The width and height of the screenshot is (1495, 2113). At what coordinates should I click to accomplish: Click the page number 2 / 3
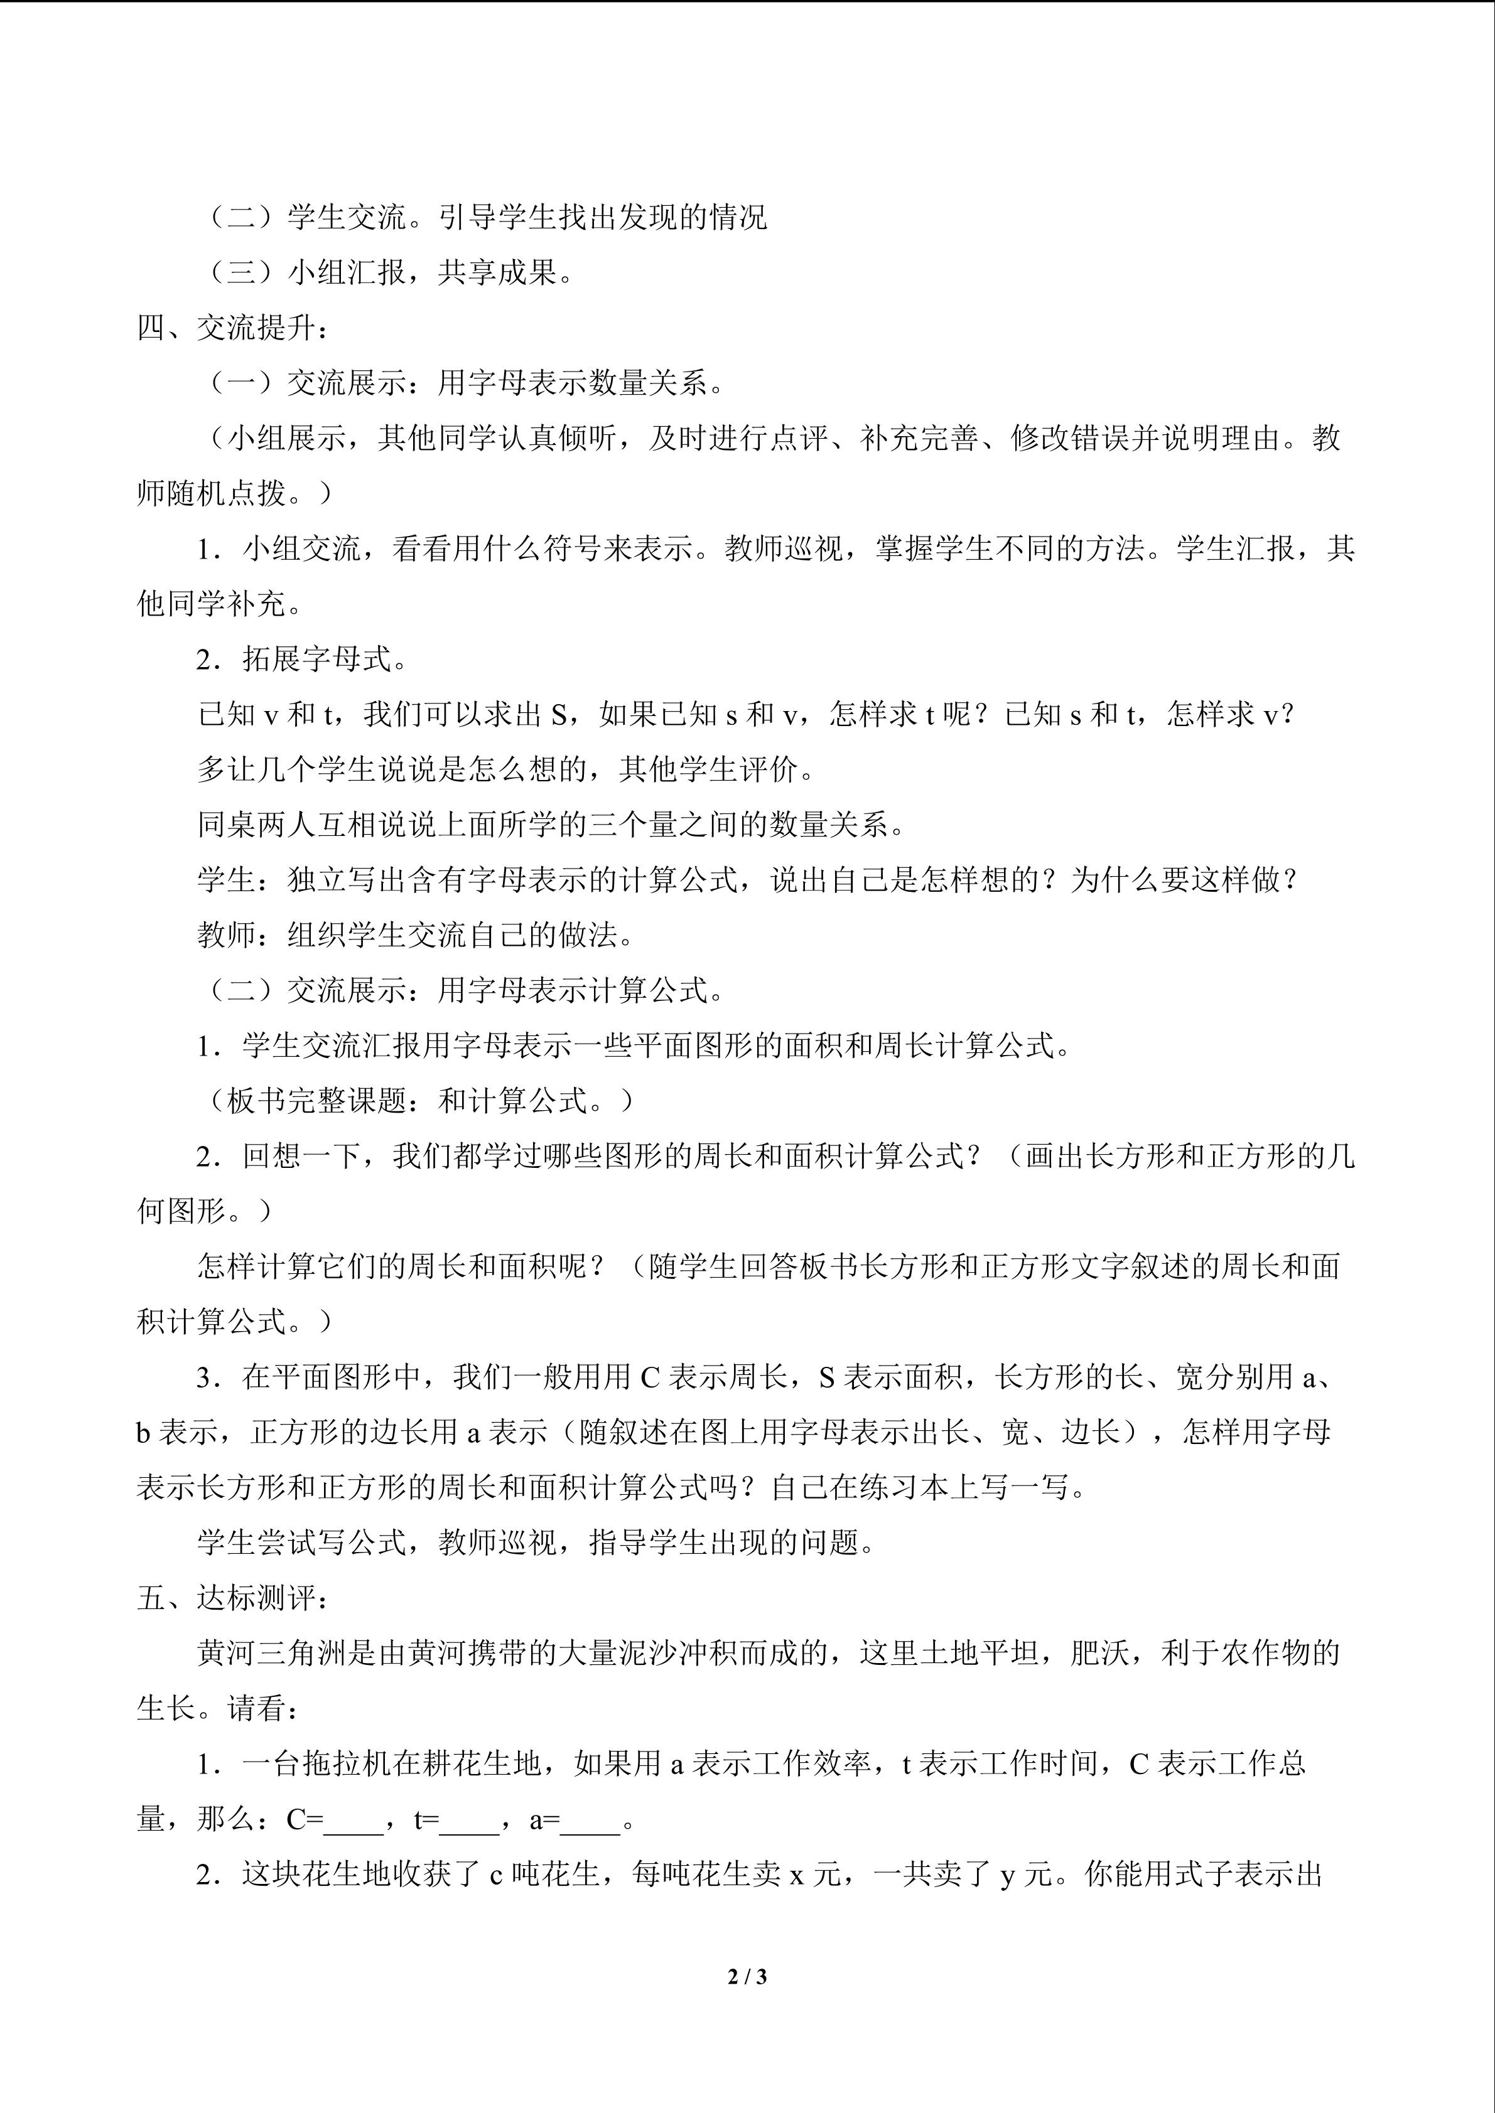(x=747, y=1976)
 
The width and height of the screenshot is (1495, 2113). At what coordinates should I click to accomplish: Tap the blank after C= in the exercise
(x=354, y=1821)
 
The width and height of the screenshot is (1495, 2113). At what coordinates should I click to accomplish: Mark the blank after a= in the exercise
(x=590, y=1821)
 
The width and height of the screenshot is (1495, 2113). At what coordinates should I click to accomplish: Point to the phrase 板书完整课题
(x=316, y=1101)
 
